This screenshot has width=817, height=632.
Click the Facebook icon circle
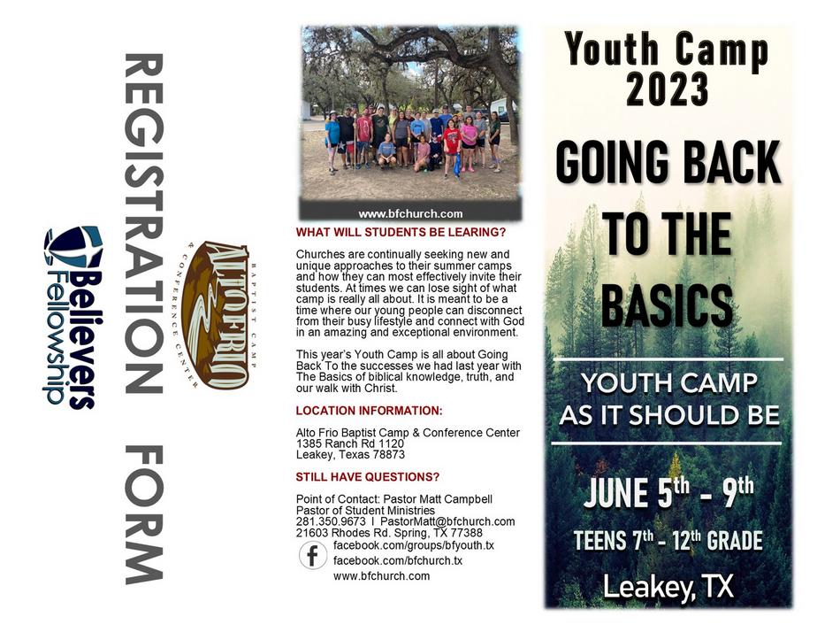pyautogui.click(x=313, y=555)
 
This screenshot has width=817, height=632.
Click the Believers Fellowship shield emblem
pyautogui.click(x=73, y=247)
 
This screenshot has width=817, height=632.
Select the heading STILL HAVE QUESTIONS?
pyautogui.click(x=367, y=477)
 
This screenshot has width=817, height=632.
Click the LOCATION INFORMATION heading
pyautogui.click(x=369, y=411)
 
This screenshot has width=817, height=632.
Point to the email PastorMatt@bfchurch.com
pyautogui.click(x=447, y=521)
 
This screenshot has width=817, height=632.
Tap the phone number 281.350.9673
pyautogui.click(x=331, y=521)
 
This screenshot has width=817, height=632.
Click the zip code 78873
pyautogui.click(x=388, y=455)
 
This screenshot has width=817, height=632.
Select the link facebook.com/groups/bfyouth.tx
pyautogui.click(x=414, y=545)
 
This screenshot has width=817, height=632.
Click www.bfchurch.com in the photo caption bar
pyautogui.click(x=410, y=214)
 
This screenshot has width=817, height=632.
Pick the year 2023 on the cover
pyautogui.click(x=668, y=89)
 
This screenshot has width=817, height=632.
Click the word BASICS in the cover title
pyautogui.click(x=668, y=304)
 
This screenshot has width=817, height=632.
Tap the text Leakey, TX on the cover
pyautogui.click(x=668, y=587)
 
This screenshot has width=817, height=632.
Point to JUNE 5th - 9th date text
pyautogui.click(x=668, y=492)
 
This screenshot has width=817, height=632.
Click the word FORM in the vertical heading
pyautogui.click(x=144, y=514)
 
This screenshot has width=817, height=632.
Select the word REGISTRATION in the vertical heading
pyautogui.click(x=144, y=223)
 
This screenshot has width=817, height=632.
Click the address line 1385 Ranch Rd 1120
pyautogui.click(x=349, y=443)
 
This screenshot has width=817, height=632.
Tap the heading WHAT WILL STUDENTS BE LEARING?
pyautogui.click(x=401, y=233)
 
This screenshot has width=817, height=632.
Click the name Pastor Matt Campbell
pyautogui.click(x=438, y=499)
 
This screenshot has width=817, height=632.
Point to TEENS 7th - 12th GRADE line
pyautogui.click(x=668, y=540)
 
